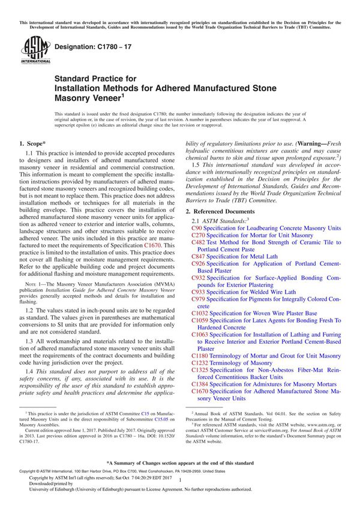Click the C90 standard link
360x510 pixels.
(196, 229)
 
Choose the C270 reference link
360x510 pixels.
(198, 236)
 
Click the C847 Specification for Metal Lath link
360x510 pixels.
(198, 257)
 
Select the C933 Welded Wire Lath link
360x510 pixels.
(198, 292)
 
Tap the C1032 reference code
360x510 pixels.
(200, 313)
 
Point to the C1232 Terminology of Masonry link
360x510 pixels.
(200, 362)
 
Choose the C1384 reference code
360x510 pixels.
(200, 384)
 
